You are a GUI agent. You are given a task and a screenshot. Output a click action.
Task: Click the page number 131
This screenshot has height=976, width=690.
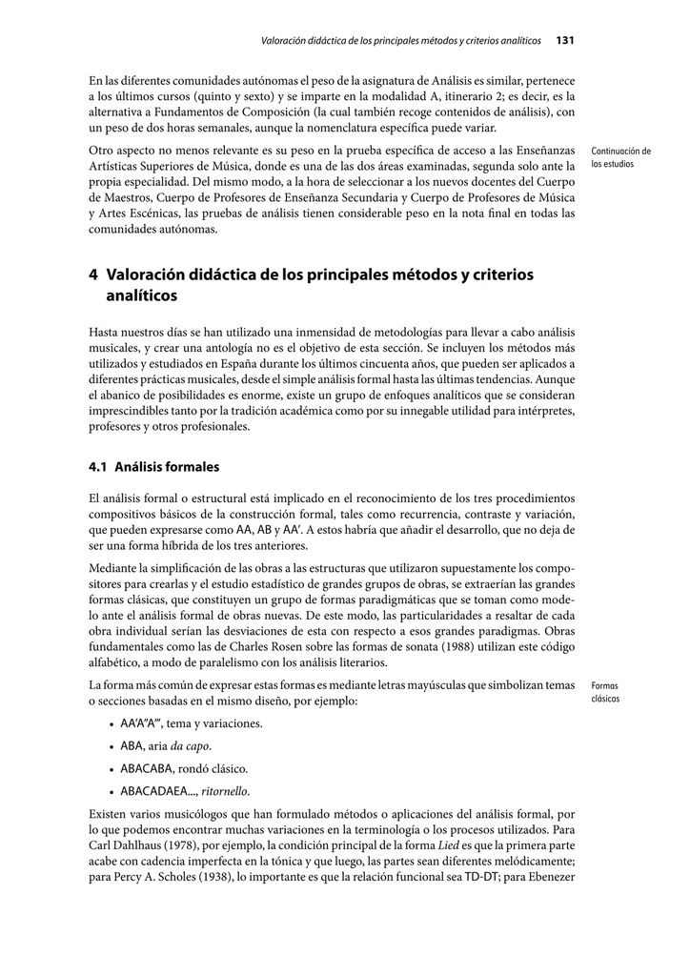564,40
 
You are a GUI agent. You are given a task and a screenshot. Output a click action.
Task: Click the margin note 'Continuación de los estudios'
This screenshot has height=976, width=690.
620,157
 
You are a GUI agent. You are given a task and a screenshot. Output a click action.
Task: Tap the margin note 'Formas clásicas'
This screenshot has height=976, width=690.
605,691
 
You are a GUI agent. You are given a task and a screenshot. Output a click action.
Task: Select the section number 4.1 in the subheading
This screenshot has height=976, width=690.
97,467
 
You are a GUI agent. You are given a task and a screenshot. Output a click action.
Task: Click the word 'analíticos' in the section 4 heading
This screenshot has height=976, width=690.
141,296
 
